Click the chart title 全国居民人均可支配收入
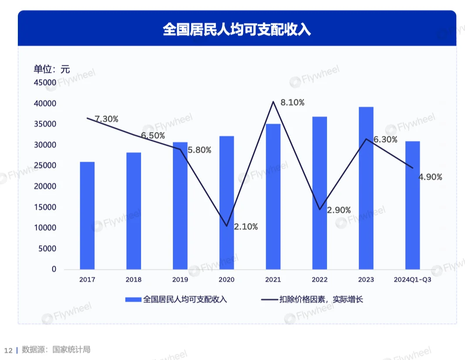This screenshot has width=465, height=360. click(x=236, y=30)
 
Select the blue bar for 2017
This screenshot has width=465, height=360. click(x=87, y=216)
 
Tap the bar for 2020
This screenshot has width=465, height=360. click(x=226, y=203)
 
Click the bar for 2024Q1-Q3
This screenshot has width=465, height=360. click(x=412, y=205)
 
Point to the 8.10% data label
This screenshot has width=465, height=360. click(x=292, y=103)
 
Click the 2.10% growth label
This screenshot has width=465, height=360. click(x=246, y=227)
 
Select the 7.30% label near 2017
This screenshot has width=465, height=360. click(x=107, y=119)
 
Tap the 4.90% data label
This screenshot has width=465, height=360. click(x=430, y=177)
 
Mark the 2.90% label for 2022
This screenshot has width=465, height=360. click(x=339, y=210)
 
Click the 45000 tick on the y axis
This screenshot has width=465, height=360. click(x=45, y=83)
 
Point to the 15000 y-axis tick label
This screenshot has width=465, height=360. click(x=45, y=207)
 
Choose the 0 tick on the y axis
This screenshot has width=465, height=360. click(x=54, y=269)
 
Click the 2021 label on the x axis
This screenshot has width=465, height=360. click(x=273, y=280)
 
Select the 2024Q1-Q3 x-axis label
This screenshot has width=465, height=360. click(x=412, y=280)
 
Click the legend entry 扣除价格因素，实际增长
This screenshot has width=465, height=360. click(x=321, y=299)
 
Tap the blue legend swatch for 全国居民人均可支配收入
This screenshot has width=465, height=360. click(x=133, y=299)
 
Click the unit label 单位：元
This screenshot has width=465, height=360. click(x=52, y=69)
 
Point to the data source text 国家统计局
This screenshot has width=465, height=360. click(x=71, y=350)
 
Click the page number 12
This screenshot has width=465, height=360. click(x=8, y=350)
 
